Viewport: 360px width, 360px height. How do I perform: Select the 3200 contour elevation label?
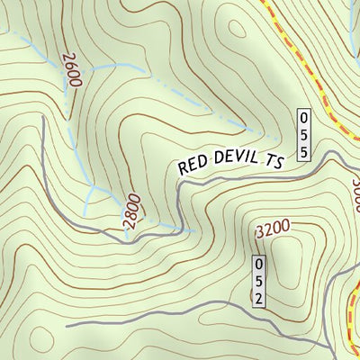(x=273, y=229)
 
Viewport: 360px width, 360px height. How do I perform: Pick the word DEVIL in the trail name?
(x=234, y=162)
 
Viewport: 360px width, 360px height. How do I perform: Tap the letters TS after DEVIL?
(x=273, y=161)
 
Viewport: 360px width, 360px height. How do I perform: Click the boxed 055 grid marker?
(x=304, y=135)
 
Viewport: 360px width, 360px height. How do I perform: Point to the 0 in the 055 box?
(x=304, y=118)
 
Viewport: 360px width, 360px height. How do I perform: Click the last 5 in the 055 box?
(x=304, y=151)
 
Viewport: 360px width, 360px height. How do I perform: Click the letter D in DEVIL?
(x=216, y=163)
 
